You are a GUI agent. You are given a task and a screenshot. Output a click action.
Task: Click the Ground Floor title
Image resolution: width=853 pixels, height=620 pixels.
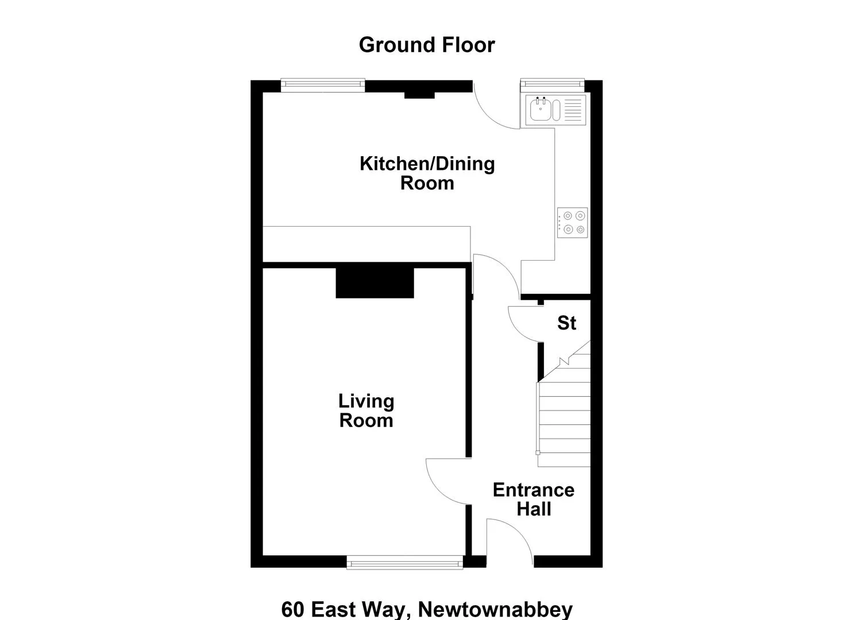(427, 45)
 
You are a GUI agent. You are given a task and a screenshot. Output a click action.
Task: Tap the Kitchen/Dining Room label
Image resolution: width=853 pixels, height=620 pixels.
(427, 173)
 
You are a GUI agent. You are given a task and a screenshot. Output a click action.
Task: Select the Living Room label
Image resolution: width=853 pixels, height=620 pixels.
(366, 412)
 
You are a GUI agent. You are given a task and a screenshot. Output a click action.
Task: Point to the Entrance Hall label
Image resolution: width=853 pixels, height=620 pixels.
(534, 499)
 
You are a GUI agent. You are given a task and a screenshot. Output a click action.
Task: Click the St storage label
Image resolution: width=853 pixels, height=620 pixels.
(566, 323)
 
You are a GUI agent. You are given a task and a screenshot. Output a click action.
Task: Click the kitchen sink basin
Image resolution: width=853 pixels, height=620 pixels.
(541, 109)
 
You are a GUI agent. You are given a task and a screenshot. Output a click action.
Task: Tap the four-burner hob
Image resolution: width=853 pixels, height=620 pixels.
(572, 223)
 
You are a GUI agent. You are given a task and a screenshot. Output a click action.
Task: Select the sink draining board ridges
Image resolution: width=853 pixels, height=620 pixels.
(573, 110)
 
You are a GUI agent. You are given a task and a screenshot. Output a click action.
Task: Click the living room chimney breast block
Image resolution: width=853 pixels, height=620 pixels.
(375, 283)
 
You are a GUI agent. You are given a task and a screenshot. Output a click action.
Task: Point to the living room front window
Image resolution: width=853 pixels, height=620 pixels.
(405, 562)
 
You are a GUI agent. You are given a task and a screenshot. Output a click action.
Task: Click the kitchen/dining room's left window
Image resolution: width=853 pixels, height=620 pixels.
(323, 86)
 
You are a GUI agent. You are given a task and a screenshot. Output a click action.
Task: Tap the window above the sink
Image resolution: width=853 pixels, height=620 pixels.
(552, 86)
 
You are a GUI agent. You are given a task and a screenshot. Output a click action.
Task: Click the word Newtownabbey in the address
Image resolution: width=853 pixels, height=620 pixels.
(495, 609)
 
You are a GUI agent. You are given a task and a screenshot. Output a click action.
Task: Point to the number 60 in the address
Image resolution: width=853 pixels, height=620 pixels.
(293, 609)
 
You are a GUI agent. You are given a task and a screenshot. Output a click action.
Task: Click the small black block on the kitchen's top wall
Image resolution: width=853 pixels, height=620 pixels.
(419, 95)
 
